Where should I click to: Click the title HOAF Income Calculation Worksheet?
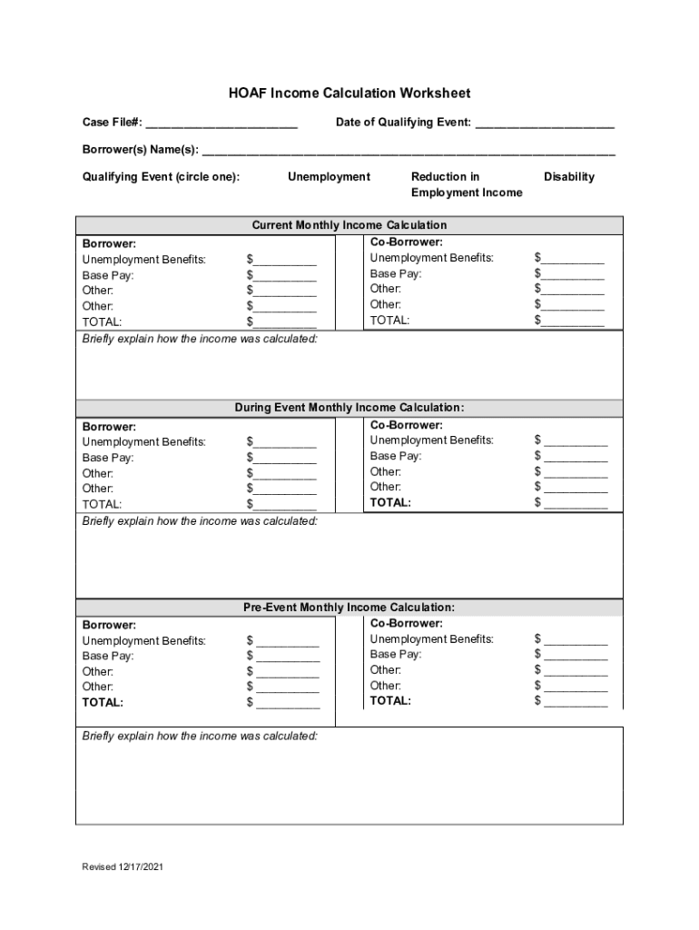pos(349,94)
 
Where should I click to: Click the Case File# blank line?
pos(222,124)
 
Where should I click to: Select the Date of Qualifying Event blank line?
pos(545,124)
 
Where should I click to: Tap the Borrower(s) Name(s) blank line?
pos(409,150)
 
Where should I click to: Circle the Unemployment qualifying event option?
pos(329,176)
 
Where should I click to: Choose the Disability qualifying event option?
pos(569,176)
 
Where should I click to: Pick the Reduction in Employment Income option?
pos(466,184)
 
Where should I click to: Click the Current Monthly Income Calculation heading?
pos(349,224)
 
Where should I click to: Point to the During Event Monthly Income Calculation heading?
pos(349,408)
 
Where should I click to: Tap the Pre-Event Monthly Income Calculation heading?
pos(349,607)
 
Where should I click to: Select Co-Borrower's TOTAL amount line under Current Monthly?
pos(573,322)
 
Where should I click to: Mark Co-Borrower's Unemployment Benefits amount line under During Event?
pos(576,442)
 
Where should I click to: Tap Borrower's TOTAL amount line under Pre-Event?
pos(288,704)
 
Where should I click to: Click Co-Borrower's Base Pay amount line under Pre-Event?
pos(576,656)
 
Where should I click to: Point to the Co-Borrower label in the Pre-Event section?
pos(407,623)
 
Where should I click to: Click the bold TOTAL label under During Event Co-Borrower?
pos(390,502)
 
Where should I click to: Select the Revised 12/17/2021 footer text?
pos(123,867)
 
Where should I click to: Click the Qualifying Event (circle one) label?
pos(162,176)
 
